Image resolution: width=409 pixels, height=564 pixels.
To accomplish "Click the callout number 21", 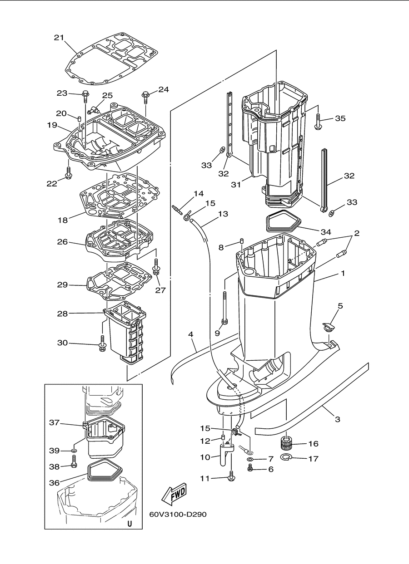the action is (59, 38).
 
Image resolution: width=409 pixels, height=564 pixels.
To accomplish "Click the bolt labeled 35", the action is (318, 122).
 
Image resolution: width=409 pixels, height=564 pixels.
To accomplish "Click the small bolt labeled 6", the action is (250, 469).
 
